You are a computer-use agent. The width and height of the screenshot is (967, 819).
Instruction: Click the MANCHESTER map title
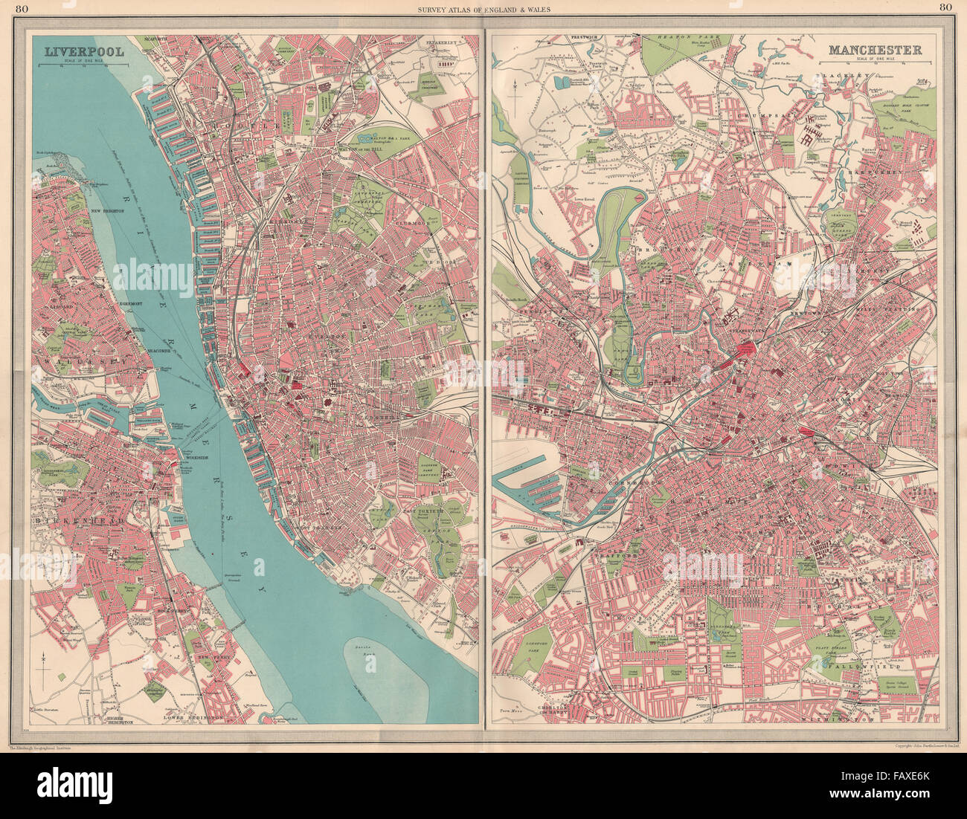click(x=875, y=50)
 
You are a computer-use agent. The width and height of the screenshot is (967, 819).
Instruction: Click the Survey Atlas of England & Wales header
click(x=483, y=8)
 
